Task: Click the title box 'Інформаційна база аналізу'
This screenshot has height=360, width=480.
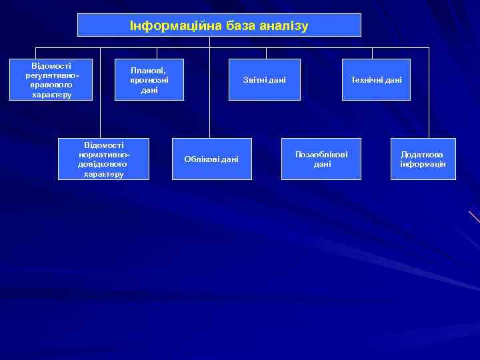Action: [219, 25]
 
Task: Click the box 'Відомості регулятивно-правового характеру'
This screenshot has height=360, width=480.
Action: [51, 80]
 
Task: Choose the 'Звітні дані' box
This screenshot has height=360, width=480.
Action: [265, 80]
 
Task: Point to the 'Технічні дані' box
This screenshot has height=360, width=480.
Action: [376, 80]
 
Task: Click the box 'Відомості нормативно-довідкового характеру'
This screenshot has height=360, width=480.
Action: [103, 159]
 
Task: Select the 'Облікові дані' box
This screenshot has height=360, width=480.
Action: [211, 159]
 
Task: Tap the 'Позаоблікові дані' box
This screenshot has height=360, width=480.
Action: [321, 159]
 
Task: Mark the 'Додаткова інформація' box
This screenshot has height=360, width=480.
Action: [423, 159]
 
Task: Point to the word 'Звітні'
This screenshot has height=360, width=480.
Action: [254, 80]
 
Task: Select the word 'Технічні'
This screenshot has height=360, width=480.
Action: [366, 80]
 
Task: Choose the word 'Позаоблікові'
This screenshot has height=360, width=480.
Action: [321, 154]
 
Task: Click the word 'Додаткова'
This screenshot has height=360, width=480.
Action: [423, 154]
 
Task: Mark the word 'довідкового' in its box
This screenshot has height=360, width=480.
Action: [104, 164]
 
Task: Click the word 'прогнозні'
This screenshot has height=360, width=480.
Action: [149, 80]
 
